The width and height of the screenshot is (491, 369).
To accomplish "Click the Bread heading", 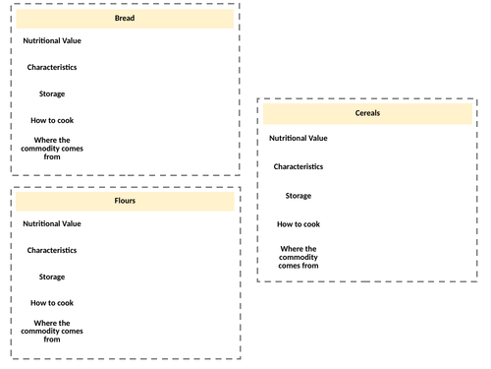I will click(x=125, y=18).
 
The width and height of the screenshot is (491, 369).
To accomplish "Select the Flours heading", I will click(x=125, y=201).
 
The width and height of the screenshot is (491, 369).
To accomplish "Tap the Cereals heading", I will click(x=367, y=114).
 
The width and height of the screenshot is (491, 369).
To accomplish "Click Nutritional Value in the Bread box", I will click(x=52, y=40).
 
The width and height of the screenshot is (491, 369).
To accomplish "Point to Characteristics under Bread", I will click(x=52, y=67).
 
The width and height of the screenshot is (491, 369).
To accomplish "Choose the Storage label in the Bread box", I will click(x=52, y=93).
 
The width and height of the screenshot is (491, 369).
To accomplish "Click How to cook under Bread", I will click(x=52, y=120).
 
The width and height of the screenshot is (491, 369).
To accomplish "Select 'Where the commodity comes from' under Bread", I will click(x=52, y=147).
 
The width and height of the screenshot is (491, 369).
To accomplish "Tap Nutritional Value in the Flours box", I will click(x=52, y=223).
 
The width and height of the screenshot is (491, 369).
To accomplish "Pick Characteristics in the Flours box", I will click(x=52, y=250).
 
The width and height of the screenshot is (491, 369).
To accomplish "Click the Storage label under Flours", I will click(x=52, y=277).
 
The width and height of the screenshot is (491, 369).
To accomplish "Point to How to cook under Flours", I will click(x=52, y=303).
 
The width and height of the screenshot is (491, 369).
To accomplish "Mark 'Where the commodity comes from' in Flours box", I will click(x=52, y=331).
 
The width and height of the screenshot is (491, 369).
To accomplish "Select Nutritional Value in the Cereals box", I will click(x=299, y=138).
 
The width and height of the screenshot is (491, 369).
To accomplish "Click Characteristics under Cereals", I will click(x=299, y=166).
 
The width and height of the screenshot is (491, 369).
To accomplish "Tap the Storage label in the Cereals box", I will click(x=299, y=196).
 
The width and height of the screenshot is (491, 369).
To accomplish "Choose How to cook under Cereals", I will click(x=299, y=224).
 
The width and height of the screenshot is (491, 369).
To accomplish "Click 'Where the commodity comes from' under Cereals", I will click(x=299, y=257).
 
